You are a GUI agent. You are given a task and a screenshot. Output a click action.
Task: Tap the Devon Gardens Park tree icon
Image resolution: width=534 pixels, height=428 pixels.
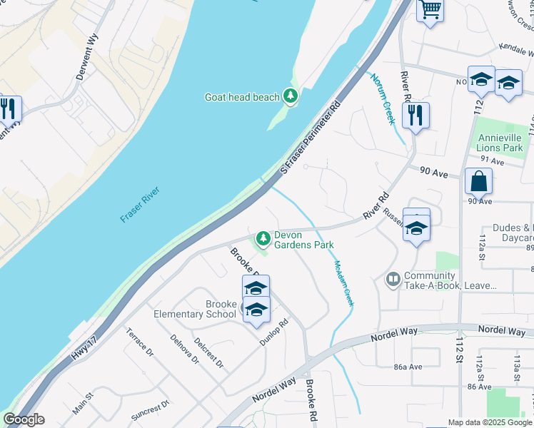(263, 237)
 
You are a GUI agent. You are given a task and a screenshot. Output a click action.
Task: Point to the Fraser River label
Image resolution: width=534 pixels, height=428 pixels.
(139, 204)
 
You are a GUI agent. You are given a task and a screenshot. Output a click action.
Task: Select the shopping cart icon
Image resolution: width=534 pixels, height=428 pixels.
(430, 10)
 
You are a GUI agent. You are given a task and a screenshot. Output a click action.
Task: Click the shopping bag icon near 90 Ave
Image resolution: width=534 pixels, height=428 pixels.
(478, 181)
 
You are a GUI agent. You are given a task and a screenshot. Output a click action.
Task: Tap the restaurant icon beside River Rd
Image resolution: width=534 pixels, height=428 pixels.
(415, 114)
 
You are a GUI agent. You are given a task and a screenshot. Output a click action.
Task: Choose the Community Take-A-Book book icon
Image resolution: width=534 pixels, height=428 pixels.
(393, 279)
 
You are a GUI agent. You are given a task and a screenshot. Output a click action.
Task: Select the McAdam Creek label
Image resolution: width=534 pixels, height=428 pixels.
(343, 283)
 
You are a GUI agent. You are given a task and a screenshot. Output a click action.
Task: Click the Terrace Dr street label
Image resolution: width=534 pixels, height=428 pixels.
(140, 342)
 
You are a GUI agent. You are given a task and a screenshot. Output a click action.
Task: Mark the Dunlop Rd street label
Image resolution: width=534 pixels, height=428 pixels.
(273, 332)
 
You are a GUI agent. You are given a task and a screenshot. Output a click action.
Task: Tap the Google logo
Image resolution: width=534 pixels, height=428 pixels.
(24, 419)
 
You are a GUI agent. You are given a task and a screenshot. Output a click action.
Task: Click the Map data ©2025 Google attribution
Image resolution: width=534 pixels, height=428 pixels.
(489, 422)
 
